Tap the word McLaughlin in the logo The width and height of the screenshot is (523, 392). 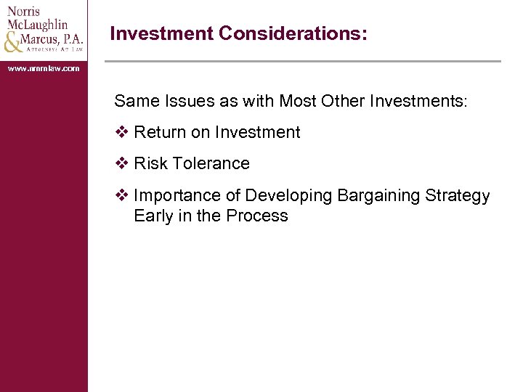point(38,24)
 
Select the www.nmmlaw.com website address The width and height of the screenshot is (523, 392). point(44,68)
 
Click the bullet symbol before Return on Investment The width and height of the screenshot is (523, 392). point(122,132)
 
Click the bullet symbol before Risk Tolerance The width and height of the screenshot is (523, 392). point(122,163)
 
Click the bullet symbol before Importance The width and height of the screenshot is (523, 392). point(122,195)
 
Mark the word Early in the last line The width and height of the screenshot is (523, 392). point(153,216)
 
